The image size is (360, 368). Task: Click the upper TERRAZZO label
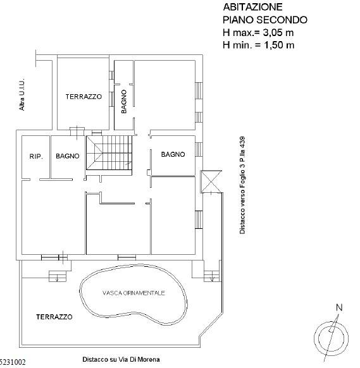pos(84,97)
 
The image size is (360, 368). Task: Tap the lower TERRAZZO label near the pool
pos(54,317)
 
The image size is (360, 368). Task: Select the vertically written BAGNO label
pos(124,101)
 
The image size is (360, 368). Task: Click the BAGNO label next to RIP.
pos(67,156)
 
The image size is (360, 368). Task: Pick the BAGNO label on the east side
pos(173,154)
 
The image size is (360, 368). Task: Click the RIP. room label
pos(35,156)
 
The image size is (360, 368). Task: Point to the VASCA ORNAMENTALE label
pos(133,293)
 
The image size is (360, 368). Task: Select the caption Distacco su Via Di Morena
pos(121,359)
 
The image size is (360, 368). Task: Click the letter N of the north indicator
pos(339,308)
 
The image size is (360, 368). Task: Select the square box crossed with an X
pos(209,181)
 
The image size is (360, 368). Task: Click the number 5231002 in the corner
pos(13,362)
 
